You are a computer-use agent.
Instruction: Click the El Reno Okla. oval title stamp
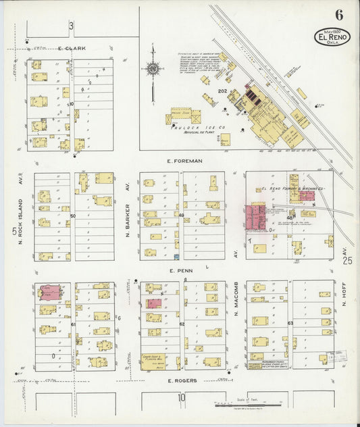coord(332,39)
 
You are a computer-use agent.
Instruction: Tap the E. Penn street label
coord(185,271)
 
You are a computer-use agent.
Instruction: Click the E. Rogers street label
coord(182,380)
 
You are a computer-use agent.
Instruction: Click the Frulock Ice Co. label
coord(192,126)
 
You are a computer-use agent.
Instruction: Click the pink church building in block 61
coord(50,293)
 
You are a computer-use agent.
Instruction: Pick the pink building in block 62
coord(153,303)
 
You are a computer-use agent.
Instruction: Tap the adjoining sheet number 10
coord(181,398)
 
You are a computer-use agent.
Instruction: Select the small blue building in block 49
coord(176,257)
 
